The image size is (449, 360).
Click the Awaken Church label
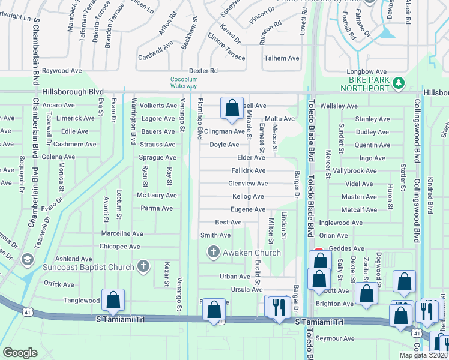click(252, 253)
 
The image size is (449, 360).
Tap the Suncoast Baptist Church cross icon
click(143, 265)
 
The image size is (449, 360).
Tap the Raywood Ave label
click(62, 71)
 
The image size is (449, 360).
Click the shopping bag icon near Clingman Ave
click(231, 109)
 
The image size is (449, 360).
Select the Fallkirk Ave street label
click(248, 170)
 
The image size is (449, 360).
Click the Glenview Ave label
click(247, 184)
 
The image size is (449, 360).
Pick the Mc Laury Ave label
click(157, 196)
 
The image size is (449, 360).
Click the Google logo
click(20, 352)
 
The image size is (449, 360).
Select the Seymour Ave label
click(335, 338)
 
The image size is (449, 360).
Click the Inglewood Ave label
click(341, 223)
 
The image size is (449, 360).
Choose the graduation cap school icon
click(27, 259)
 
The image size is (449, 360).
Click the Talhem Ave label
click(282, 58)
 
